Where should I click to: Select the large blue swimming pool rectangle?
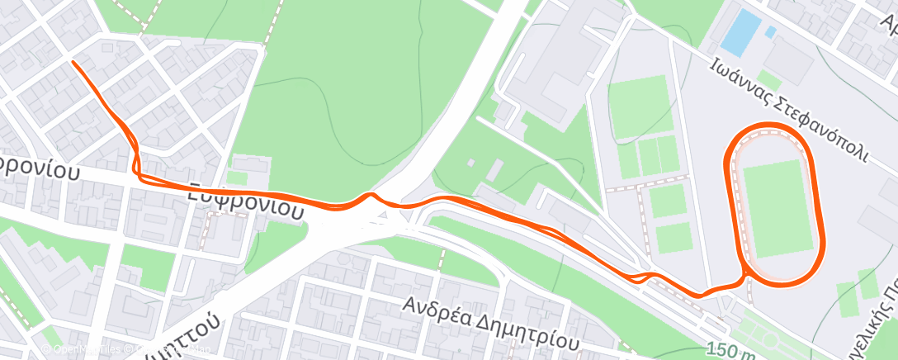click(740, 30)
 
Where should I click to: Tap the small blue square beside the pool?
click(770, 32)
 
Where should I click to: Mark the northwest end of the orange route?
click(74, 63)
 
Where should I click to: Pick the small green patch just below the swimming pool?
click(768, 79)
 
